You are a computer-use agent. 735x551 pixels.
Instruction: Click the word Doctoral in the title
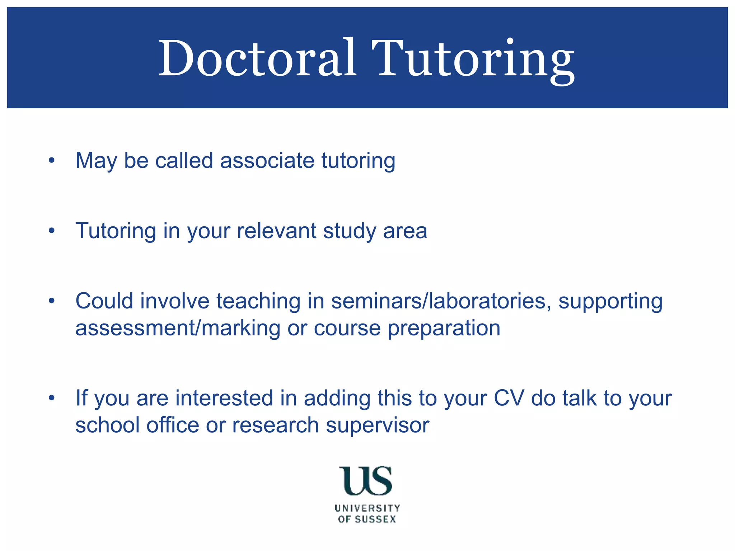point(258,58)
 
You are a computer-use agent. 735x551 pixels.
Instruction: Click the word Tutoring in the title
point(473,59)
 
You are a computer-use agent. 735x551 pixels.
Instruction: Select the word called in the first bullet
point(184,160)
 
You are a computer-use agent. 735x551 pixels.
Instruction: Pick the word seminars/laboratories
point(441,301)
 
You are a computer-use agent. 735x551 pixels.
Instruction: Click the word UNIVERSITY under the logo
point(367,508)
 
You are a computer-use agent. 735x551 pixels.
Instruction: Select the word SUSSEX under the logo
point(375,519)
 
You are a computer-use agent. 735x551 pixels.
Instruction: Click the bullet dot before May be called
point(52,160)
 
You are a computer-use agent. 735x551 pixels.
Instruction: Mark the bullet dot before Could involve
point(52,301)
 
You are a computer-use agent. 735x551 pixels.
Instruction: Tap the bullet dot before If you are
point(52,398)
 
